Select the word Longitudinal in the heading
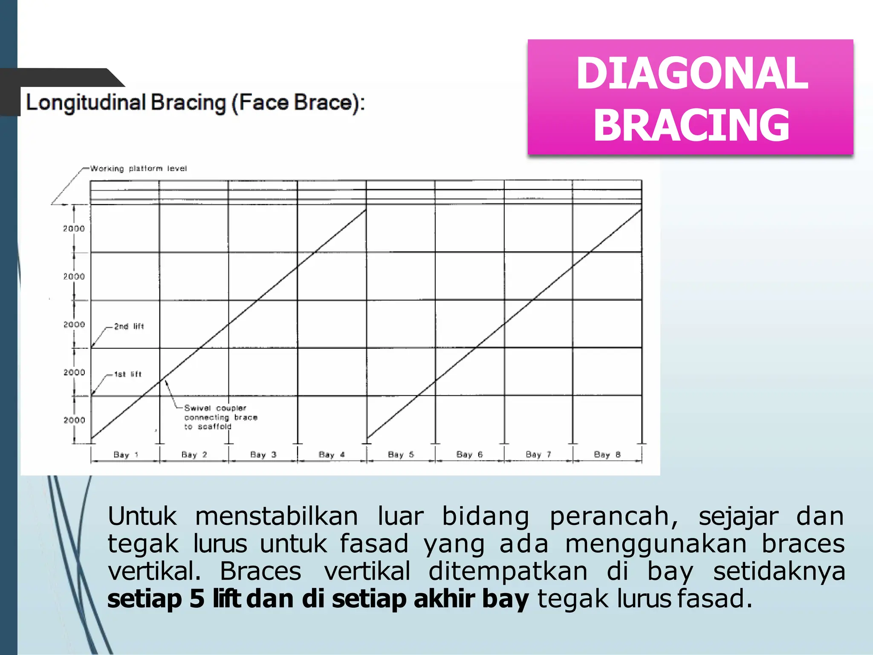[x=86, y=103]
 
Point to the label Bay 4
[x=331, y=455]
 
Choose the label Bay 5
[x=401, y=455]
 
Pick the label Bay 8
[x=607, y=455]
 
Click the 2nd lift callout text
[x=129, y=326]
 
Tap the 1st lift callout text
[x=127, y=374]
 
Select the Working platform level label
[x=139, y=168]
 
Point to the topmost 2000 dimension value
[x=74, y=229]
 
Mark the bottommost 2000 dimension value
[x=74, y=420]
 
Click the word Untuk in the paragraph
[x=142, y=516]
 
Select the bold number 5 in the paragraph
[x=197, y=599]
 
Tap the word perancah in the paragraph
[x=613, y=516]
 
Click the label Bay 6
[x=469, y=455]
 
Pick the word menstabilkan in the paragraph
[x=277, y=516]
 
